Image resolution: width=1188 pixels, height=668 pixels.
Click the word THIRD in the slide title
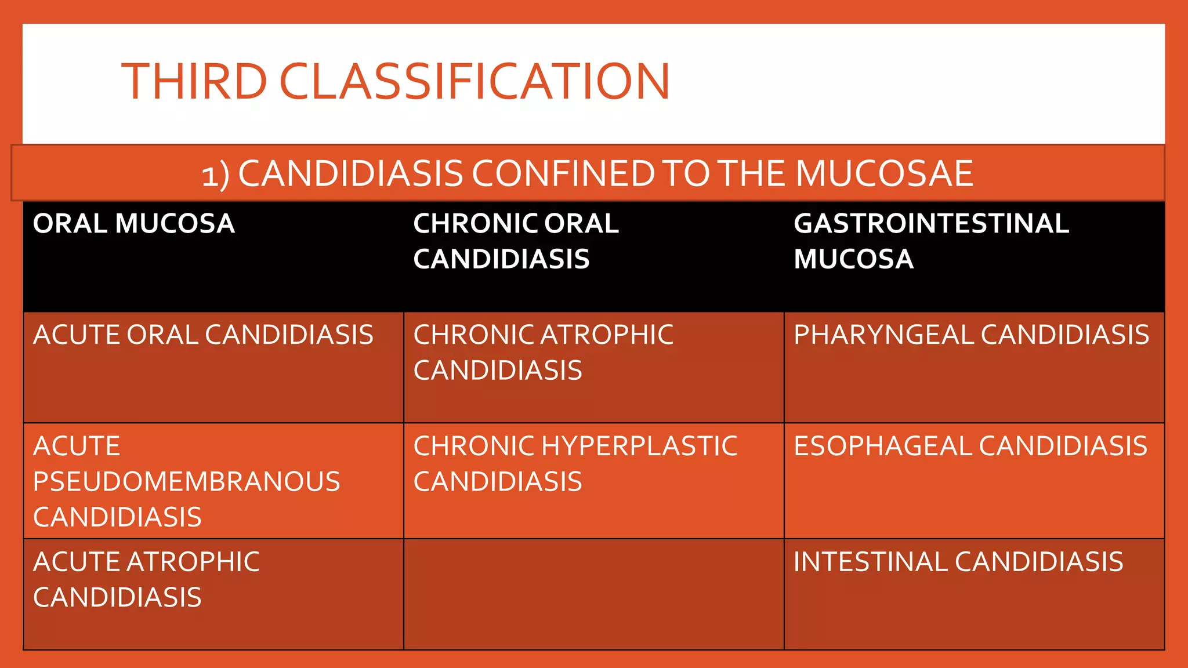pyautogui.click(x=194, y=81)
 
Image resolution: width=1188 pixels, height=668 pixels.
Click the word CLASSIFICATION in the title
pyautogui.click(x=475, y=81)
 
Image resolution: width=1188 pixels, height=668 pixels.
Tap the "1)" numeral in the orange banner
pyautogui.click(x=215, y=175)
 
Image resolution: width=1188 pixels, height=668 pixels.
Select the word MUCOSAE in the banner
pyautogui.click(x=884, y=173)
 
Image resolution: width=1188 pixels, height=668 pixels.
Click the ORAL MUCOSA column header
pyautogui.click(x=134, y=224)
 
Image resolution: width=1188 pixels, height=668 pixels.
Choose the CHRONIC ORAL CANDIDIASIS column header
pyautogui.click(x=516, y=241)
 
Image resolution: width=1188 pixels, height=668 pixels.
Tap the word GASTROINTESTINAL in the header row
pyautogui.click(x=931, y=224)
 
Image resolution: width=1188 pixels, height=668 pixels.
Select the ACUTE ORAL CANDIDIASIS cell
pyautogui.click(x=203, y=335)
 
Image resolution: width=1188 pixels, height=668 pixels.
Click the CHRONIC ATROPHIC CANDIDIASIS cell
pyautogui.click(x=543, y=353)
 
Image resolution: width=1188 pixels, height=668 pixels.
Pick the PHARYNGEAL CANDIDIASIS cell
pyautogui.click(x=971, y=335)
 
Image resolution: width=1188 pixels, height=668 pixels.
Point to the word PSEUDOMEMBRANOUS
pyautogui.click(x=186, y=482)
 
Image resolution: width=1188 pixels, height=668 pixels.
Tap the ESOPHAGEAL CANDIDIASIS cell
pyautogui.click(x=970, y=446)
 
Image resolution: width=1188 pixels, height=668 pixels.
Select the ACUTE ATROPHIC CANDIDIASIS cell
pyautogui.click(x=146, y=579)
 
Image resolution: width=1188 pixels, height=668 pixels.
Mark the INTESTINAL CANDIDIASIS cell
pyautogui.click(x=958, y=562)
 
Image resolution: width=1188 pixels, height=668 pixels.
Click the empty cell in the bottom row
pyautogui.click(x=593, y=594)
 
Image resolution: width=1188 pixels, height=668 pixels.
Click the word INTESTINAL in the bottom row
pyautogui.click(x=870, y=562)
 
